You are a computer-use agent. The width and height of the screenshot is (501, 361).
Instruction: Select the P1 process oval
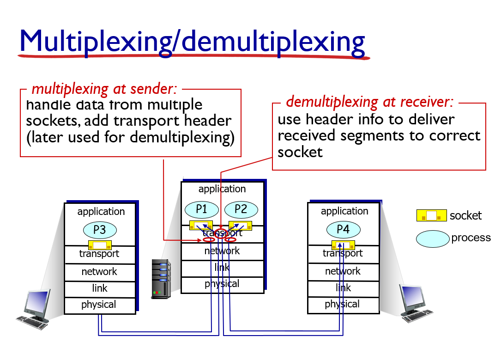pyautogui.click(x=202, y=209)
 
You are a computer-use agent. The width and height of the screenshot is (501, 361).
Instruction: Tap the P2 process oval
pyautogui.click(x=241, y=209)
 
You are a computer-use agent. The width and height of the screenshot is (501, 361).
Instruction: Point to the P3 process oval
pyautogui.click(x=100, y=230)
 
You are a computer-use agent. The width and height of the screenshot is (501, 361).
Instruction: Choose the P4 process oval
pyautogui.click(x=343, y=229)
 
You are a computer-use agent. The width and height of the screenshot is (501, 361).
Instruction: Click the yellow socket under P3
pyautogui.click(x=100, y=245)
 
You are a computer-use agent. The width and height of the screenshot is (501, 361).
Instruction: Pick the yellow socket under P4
pyautogui.click(x=343, y=245)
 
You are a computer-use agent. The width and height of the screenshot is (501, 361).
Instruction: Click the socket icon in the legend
pyautogui.click(x=431, y=215)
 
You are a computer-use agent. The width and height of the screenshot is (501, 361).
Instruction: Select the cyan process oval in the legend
pyautogui.click(x=433, y=238)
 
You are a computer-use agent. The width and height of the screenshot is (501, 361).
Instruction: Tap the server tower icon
pyautogui.click(x=161, y=279)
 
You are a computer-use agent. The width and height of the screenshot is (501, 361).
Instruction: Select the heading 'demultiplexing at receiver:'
pyautogui.click(x=370, y=101)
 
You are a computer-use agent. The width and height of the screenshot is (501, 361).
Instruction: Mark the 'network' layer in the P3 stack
pyautogui.click(x=99, y=272)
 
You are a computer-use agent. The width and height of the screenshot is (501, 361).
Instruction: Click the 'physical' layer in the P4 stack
pyautogui.click(x=342, y=304)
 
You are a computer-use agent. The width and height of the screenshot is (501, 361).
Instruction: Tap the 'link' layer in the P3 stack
pyautogui.click(x=100, y=288)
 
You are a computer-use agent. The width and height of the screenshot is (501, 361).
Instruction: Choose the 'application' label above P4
pyautogui.click(x=344, y=211)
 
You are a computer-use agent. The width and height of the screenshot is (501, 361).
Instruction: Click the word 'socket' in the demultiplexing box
pyautogui.click(x=300, y=152)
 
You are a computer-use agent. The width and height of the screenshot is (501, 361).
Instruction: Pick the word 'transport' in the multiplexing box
pyautogui.click(x=175, y=121)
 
